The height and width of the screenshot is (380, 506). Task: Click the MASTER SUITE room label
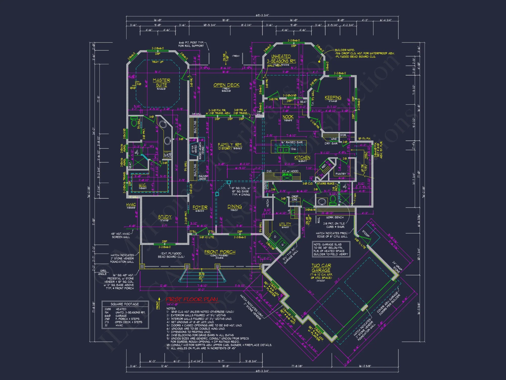click(x=161, y=83)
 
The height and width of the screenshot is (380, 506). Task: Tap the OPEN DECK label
click(x=226, y=85)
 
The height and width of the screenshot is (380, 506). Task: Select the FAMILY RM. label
click(x=230, y=145)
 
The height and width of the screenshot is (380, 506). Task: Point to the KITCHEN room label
click(x=302, y=158)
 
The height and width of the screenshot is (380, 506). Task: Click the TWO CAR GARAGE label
click(x=321, y=268)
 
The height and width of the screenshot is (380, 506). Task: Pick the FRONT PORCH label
click(x=220, y=252)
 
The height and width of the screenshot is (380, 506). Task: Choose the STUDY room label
click(x=165, y=217)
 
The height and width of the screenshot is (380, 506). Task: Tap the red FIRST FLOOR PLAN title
click(x=192, y=299)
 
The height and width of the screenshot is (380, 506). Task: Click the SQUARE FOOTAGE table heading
click(x=125, y=304)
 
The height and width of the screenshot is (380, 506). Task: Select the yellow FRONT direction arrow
click(x=159, y=303)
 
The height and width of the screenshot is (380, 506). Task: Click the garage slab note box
click(x=331, y=249)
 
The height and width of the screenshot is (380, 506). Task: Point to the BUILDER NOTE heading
click(x=345, y=50)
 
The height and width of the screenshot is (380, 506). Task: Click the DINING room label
click(x=235, y=207)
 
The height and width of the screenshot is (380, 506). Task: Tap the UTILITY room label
click(x=285, y=224)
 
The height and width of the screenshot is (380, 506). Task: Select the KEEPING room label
click(x=333, y=98)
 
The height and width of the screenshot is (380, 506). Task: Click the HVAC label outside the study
click(x=131, y=205)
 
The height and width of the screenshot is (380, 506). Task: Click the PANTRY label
click(x=341, y=174)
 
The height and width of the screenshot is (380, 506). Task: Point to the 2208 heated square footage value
click(x=108, y=309)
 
